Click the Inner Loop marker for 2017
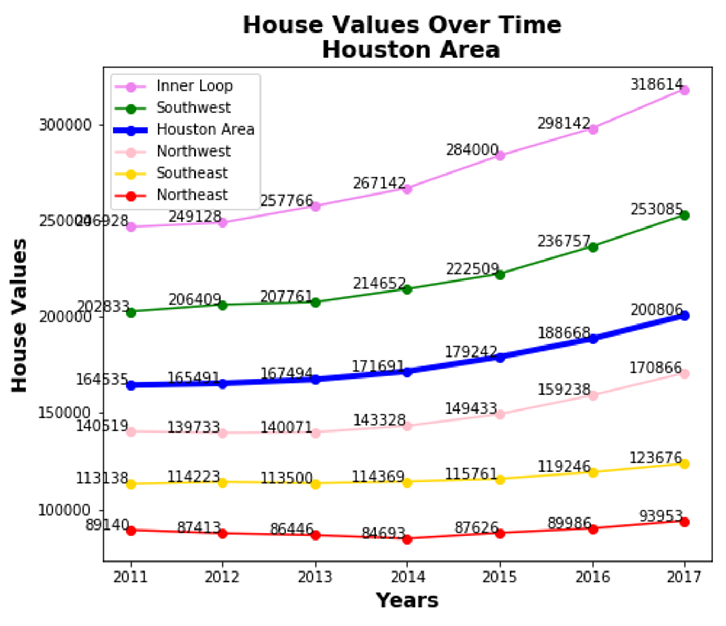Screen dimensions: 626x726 pos(684,90)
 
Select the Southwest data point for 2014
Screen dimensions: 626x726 pos(407,289)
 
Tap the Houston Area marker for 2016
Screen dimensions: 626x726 pos(593,339)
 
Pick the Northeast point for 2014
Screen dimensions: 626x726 pos(407,539)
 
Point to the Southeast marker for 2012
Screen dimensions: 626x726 pos(222,482)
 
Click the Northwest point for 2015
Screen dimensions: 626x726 pos(500,414)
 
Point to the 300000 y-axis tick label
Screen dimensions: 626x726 pos(65,125)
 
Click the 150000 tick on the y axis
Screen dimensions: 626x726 pos(64,413)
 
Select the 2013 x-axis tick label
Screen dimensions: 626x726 pos(315,577)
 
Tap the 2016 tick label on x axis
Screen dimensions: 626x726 pos(593,577)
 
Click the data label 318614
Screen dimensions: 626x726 pos(656,84)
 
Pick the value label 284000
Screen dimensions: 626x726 pos(472,150)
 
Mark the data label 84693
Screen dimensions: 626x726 pos(383,534)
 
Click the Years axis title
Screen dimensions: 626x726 pos(407,600)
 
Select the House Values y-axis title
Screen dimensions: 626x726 pos(19,315)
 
